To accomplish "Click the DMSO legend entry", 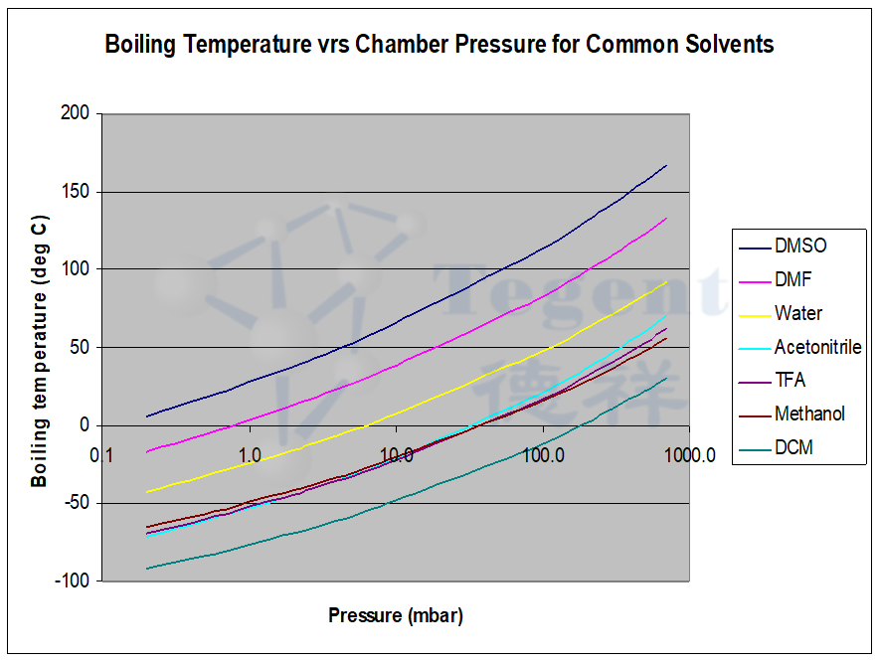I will tap(800, 246).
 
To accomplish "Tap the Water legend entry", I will tap(798, 313).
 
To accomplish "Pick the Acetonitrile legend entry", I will tap(817, 347).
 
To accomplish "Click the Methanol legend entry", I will tap(809, 414).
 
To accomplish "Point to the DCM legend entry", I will tap(793, 447).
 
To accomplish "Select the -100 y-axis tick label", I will tap(76, 580).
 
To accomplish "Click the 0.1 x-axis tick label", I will tap(100, 455).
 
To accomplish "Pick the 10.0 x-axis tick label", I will tap(396, 455).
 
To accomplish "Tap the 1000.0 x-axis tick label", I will tap(691, 455).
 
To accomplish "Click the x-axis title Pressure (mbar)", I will tap(396, 615).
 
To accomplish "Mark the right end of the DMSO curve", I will tap(666, 165).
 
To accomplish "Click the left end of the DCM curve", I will tap(146, 569).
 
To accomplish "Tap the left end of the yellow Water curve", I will tap(146, 492).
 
